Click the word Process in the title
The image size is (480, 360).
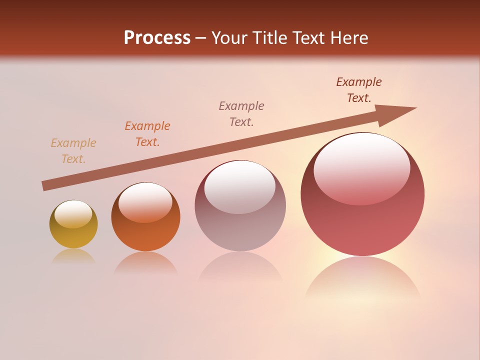[157, 38]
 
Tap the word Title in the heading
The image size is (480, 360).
[269, 38]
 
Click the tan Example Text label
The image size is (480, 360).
[73, 151]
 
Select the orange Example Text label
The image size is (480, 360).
[147, 134]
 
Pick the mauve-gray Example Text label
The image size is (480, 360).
[241, 113]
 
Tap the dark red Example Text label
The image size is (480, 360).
[359, 90]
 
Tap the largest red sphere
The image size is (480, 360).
[362, 220]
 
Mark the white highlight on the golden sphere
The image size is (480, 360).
[73, 214]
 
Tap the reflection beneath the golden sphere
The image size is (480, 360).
[73, 256]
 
